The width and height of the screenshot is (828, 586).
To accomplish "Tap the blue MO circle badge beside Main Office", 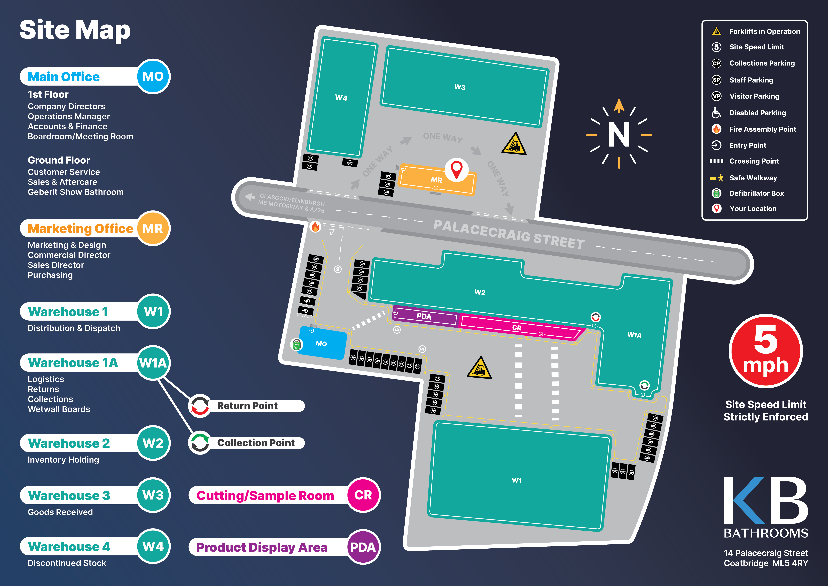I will (x=153, y=77).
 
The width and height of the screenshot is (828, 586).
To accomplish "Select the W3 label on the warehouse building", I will (x=460, y=87).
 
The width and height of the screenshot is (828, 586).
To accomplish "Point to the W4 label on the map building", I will (x=341, y=98).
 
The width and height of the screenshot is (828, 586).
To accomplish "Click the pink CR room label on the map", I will (x=517, y=328).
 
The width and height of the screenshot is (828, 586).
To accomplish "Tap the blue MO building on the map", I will (x=322, y=343).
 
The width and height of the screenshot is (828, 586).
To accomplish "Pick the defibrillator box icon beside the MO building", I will (x=296, y=345).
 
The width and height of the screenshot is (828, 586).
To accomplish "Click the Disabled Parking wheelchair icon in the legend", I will (x=716, y=113).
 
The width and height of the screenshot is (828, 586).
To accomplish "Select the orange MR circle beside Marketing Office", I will (x=153, y=228).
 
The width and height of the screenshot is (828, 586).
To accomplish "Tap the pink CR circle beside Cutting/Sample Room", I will (x=363, y=495).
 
